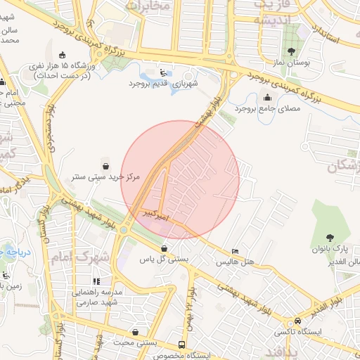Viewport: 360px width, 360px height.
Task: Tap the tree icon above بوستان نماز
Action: [291, 51]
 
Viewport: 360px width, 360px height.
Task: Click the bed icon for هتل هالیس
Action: [235, 252]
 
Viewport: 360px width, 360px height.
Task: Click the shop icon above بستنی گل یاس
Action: [164, 248]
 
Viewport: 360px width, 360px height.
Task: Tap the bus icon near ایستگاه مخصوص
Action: [182, 345]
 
